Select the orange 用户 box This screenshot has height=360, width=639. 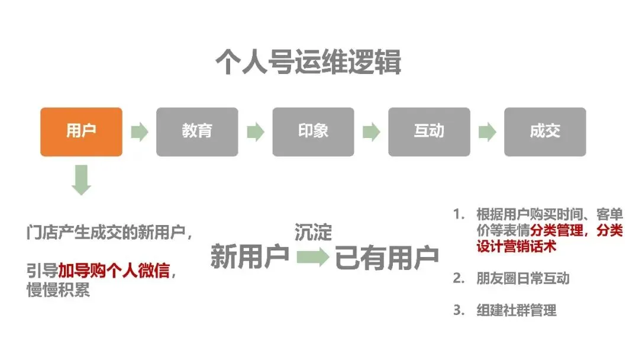81,131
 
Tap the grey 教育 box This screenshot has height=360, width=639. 197,131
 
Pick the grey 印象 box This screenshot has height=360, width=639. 313,131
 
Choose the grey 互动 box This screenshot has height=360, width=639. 429,131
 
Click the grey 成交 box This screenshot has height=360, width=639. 545,131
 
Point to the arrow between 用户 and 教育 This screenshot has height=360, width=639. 139,132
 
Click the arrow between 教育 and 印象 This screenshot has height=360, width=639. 255,132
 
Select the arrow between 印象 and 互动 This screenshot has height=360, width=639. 371,132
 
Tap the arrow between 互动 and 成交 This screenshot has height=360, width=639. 487,132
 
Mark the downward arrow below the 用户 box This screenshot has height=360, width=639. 81,180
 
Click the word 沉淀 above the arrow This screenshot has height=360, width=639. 313,232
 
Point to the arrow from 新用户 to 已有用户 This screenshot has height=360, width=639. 312,258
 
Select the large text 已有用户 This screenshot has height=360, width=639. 387,258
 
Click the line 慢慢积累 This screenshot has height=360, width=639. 58,291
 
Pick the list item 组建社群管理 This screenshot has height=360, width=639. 516,310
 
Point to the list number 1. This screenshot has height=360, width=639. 457,214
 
